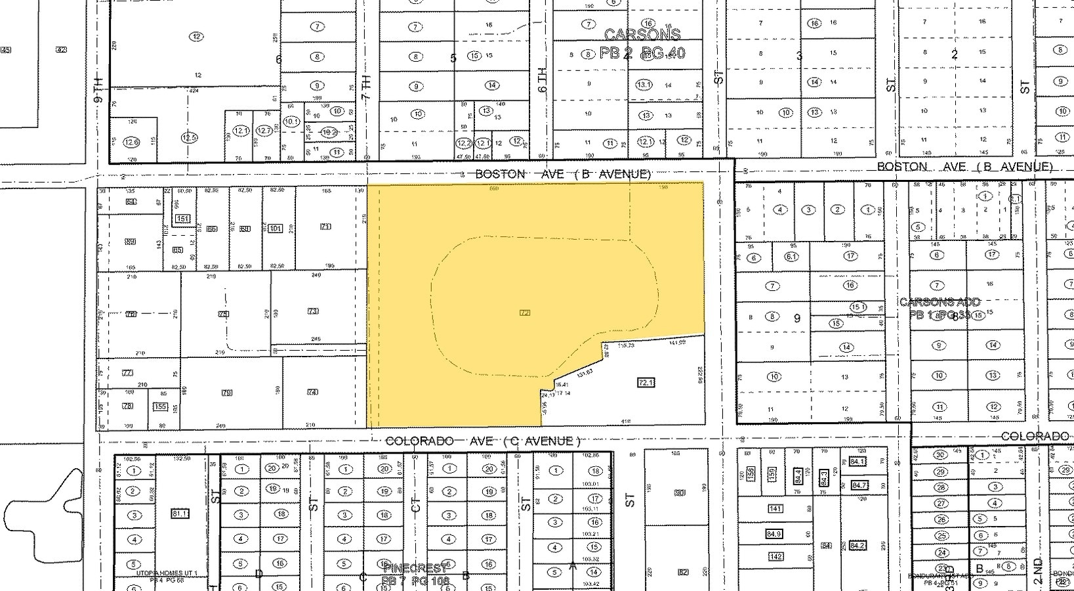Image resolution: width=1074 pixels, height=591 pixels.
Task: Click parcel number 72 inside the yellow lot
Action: (524, 313)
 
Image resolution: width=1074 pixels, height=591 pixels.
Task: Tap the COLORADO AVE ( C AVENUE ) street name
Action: (483, 441)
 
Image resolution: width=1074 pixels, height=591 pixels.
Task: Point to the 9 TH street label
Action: (98, 89)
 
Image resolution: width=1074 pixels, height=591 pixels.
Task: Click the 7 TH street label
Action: (366, 86)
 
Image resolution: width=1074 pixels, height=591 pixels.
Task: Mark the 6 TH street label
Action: (542, 79)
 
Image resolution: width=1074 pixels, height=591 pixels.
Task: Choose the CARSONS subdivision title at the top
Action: (642, 34)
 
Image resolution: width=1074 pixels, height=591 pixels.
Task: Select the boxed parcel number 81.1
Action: (179, 513)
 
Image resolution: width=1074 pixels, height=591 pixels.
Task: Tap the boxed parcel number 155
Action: (159, 406)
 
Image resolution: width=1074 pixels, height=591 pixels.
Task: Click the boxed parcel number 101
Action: (276, 229)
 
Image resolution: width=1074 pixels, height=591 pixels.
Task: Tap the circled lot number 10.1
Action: (291, 121)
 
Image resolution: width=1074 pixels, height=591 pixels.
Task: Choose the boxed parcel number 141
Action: (775, 508)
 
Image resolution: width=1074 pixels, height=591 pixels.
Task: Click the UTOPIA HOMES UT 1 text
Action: (167, 573)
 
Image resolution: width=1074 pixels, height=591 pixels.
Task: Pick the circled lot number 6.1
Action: (791, 257)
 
